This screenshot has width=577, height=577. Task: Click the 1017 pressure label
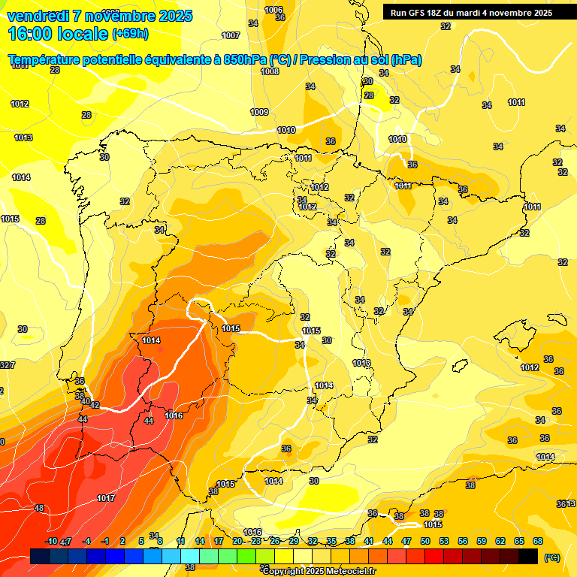pyautogui.click(x=106, y=498)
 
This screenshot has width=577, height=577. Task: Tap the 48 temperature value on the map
pyautogui.click(x=40, y=508)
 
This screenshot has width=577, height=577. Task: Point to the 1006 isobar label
pyautogui.click(x=274, y=10)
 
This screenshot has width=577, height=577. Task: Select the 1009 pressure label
pyautogui.click(x=259, y=112)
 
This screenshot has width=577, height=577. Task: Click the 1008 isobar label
pyautogui.click(x=270, y=71)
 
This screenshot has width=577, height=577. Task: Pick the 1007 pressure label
pyautogui.click(x=231, y=35)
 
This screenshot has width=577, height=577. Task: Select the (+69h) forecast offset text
pyautogui.click(x=130, y=34)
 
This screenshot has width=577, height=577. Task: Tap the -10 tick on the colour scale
pyautogui.click(x=51, y=541)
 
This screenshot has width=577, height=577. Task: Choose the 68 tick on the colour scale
pyautogui.click(x=538, y=541)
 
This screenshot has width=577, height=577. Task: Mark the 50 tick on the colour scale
pyautogui.click(x=425, y=541)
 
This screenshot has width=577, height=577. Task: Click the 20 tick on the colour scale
pyautogui.click(x=237, y=541)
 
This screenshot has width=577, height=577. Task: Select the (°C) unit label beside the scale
pyautogui.click(x=551, y=557)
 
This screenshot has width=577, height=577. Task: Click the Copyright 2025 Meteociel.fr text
pyautogui.click(x=319, y=571)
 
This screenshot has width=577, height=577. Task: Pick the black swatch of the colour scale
pyautogui.click(x=528, y=556)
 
